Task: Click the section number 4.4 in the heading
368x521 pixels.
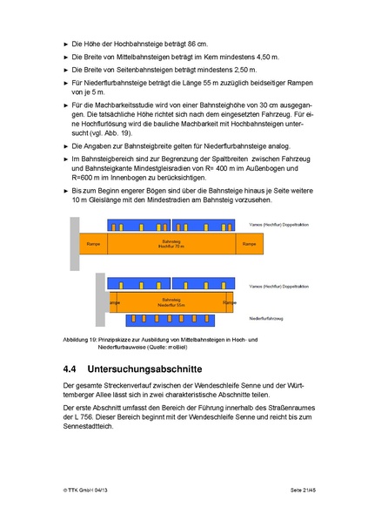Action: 74,369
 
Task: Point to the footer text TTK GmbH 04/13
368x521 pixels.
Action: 88,491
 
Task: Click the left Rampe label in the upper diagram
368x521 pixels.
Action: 94,245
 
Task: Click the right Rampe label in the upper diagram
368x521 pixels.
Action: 249,245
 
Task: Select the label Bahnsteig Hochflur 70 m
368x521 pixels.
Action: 171,245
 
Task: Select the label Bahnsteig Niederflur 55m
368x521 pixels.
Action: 171,303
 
